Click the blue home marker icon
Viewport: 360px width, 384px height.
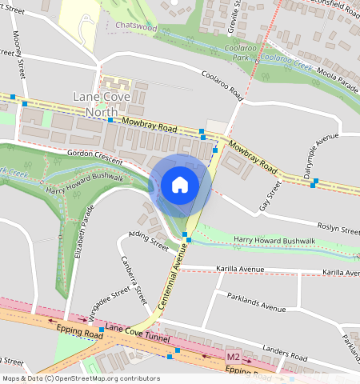[180, 185]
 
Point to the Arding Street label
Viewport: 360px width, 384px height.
[148, 238]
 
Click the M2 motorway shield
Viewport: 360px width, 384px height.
[233, 355]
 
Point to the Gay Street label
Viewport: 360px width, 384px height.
[271, 196]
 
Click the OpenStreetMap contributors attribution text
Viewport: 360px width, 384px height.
[80, 378]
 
